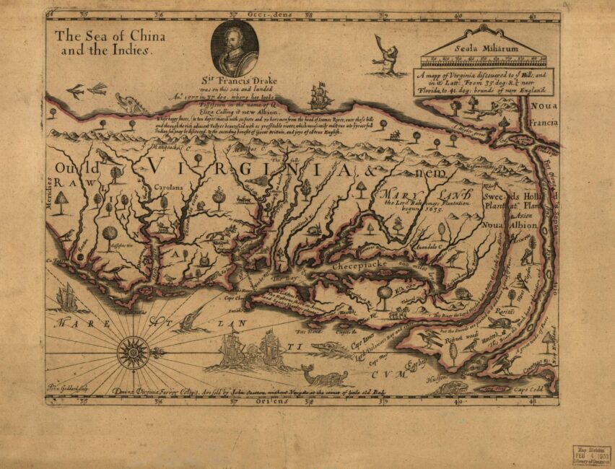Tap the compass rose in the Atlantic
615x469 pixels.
point(133,351)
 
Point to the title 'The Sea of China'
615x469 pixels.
point(110,36)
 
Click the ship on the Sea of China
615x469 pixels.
point(320,96)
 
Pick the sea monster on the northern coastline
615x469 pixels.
point(131,103)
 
